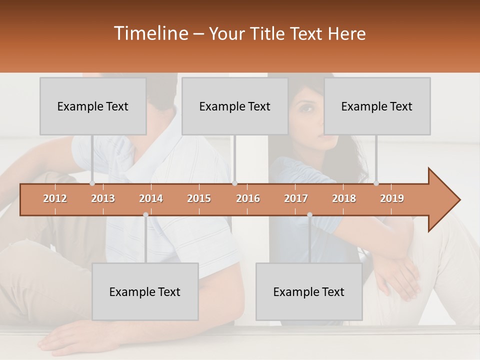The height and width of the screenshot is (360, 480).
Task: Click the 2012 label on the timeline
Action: pyautogui.click(x=55, y=199)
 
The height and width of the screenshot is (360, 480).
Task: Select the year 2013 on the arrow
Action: pyautogui.click(x=103, y=199)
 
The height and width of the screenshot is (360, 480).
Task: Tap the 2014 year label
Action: pyautogui.click(x=151, y=199)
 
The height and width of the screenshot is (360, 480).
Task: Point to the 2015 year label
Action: pyautogui.click(x=199, y=199)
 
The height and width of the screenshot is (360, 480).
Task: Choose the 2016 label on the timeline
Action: pyautogui.click(x=248, y=199)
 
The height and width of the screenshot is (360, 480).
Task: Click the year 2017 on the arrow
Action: pyautogui.click(x=296, y=199)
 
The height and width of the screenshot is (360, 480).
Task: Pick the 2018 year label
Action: pyautogui.click(x=344, y=199)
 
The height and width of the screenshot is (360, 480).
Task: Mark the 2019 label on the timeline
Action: pyautogui.click(x=392, y=199)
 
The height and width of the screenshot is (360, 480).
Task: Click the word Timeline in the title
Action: pyautogui.click(x=150, y=33)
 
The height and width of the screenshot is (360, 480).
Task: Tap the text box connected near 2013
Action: pyautogui.click(x=93, y=106)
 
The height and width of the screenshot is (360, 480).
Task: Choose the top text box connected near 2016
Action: pyautogui.click(x=235, y=106)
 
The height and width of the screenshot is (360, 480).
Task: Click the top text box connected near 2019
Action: pyautogui.click(x=377, y=106)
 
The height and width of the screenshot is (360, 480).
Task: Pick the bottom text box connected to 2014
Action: pyautogui.click(x=145, y=291)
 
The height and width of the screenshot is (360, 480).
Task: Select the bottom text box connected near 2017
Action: pyautogui.click(x=309, y=291)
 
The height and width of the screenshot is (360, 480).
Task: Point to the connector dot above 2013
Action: pyautogui.click(x=92, y=183)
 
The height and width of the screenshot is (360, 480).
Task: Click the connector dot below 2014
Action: pyautogui.click(x=145, y=215)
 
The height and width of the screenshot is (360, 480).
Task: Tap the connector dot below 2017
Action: pyautogui.click(x=309, y=215)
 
